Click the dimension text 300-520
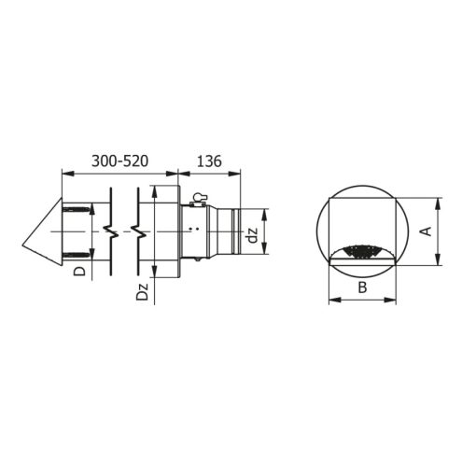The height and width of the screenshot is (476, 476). pos(119,161)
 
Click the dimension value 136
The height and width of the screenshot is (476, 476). pos(209,161)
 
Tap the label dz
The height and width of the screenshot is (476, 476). pos(253,235)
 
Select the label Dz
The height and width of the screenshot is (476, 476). pos(142,291)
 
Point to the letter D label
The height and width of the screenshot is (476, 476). pos(79,272)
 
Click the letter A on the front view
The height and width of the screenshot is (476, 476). pos(427,231)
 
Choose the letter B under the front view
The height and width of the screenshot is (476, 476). pos(362,287)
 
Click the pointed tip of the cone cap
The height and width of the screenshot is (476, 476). pos(22,246)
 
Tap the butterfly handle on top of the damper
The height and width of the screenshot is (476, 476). pos(198,198)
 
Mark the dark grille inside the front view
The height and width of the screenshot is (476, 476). pos(362,252)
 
